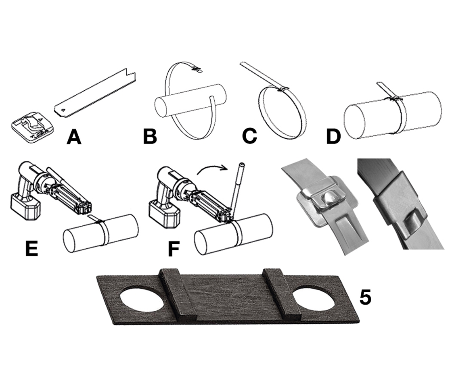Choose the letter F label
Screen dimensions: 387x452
click(x=173, y=249)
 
